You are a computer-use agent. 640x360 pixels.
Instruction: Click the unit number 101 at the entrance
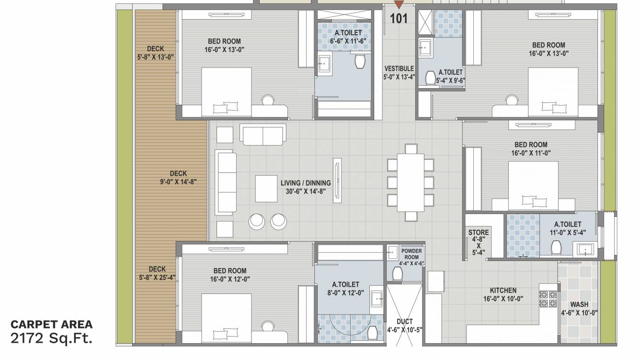[x=399, y=19]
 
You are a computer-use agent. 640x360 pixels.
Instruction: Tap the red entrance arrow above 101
[x=399, y=5]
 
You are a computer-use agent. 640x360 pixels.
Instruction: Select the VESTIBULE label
[x=399, y=68]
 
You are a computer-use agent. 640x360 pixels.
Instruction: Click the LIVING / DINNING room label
[x=306, y=183]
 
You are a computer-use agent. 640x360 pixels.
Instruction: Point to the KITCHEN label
[x=503, y=291]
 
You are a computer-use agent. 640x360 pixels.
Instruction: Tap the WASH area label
[x=579, y=304]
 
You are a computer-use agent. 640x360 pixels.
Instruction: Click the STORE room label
[x=478, y=233]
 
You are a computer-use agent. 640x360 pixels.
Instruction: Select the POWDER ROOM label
[x=411, y=254]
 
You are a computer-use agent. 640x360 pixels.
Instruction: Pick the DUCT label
[x=405, y=322]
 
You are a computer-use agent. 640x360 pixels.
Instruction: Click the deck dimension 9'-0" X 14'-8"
[x=178, y=181]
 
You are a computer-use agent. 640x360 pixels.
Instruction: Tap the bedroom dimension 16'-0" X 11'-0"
[x=531, y=153]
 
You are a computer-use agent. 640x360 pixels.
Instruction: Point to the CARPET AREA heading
[x=51, y=325]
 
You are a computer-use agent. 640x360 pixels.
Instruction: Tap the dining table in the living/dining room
[x=411, y=182]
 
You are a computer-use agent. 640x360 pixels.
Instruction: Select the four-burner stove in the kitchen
[x=548, y=298]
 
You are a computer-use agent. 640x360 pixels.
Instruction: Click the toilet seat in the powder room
[x=398, y=274]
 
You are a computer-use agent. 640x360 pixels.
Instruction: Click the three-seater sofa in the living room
[x=226, y=183]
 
